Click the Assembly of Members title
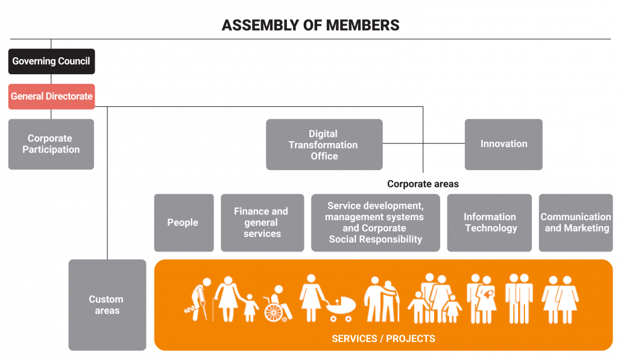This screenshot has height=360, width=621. tap(310, 25)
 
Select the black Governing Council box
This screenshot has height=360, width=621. tap(51, 62)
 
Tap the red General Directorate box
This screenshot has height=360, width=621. tap(51, 96)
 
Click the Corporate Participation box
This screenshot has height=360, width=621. tap(51, 144)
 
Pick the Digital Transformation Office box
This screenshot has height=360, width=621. tap(324, 145)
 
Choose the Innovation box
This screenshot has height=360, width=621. tap(503, 144)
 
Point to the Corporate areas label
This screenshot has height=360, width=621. tap(423, 184)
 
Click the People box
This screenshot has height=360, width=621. tap(183, 223)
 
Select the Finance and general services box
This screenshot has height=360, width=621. tap(262, 223)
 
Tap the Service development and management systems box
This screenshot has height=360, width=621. tap(374, 223)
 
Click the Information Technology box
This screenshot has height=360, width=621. tap(490, 223)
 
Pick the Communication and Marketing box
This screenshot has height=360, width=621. tap(576, 223)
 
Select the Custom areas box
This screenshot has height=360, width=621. tap(107, 305)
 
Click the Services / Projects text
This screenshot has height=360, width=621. tap(383, 338)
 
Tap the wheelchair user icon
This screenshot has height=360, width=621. tap(277, 305)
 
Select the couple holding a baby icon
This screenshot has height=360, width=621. tap(482, 298)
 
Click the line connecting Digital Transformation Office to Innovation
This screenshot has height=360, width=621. tap(423, 144)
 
